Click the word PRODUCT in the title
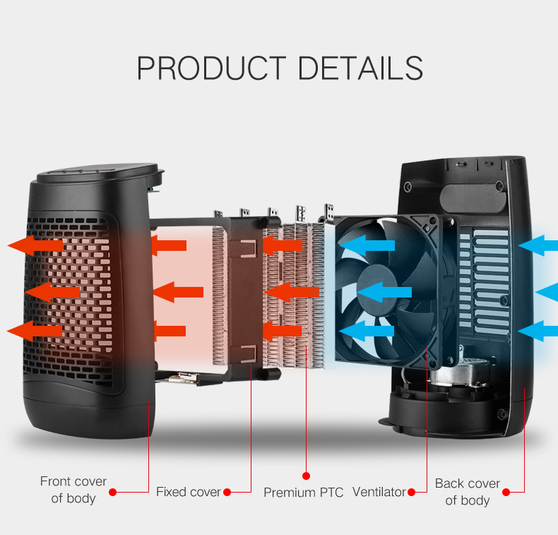click(211, 68)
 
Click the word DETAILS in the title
click(360, 68)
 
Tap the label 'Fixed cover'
click(189, 492)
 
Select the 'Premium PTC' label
click(303, 493)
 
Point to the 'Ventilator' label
click(379, 492)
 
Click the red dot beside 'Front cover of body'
click(113, 493)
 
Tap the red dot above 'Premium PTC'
click(306, 476)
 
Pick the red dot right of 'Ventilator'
click(411, 493)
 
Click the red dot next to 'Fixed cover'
click(227, 493)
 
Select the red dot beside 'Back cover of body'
click(506, 493)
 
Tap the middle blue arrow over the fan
click(384, 293)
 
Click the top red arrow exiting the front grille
click(35, 245)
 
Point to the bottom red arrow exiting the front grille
click(35, 331)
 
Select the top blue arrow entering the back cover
click(538, 245)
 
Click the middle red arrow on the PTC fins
click(292, 293)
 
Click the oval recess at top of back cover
click(473, 199)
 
